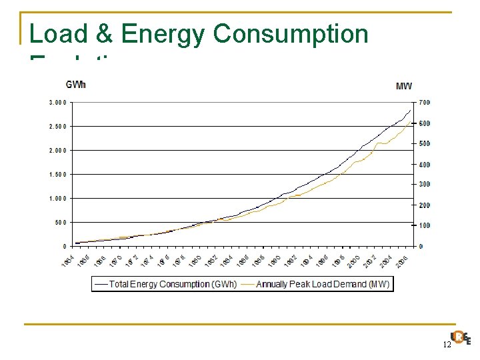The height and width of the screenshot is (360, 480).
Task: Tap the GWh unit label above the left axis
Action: pyautogui.click(x=75, y=85)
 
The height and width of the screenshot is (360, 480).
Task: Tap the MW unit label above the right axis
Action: pyautogui.click(x=404, y=85)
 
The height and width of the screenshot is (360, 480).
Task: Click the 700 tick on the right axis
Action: pyautogui.click(x=425, y=102)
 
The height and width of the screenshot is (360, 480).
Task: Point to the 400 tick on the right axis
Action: pyautogui.click(x=425, y=164)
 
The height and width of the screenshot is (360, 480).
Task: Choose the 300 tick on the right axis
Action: pyautogui.click(x=425, y=184)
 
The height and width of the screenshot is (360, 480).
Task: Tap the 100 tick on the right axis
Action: pyautogui.click(x=425, y=225)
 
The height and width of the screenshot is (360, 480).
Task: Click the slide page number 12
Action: pyautogui.click(x=446, y=345)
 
